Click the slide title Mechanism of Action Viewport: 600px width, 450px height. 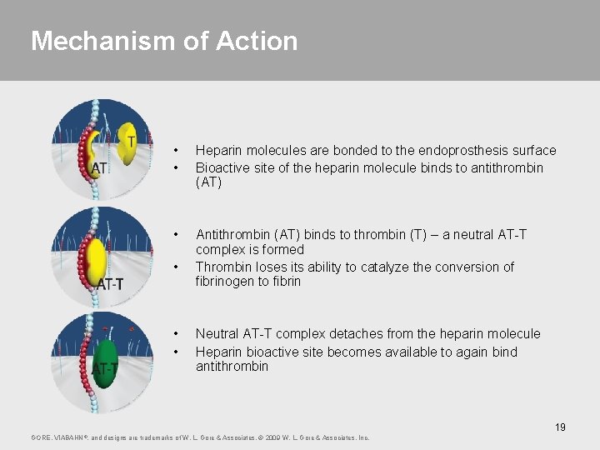(164, 41)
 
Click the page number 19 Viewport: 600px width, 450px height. (560, 427)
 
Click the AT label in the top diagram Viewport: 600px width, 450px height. (98, 168)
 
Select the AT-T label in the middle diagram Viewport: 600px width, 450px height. (109, 285)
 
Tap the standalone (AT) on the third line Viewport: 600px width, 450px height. (208, 182)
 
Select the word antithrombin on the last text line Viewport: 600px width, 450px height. (232, 367)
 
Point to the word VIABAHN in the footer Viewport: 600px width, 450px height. (68, 437)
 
